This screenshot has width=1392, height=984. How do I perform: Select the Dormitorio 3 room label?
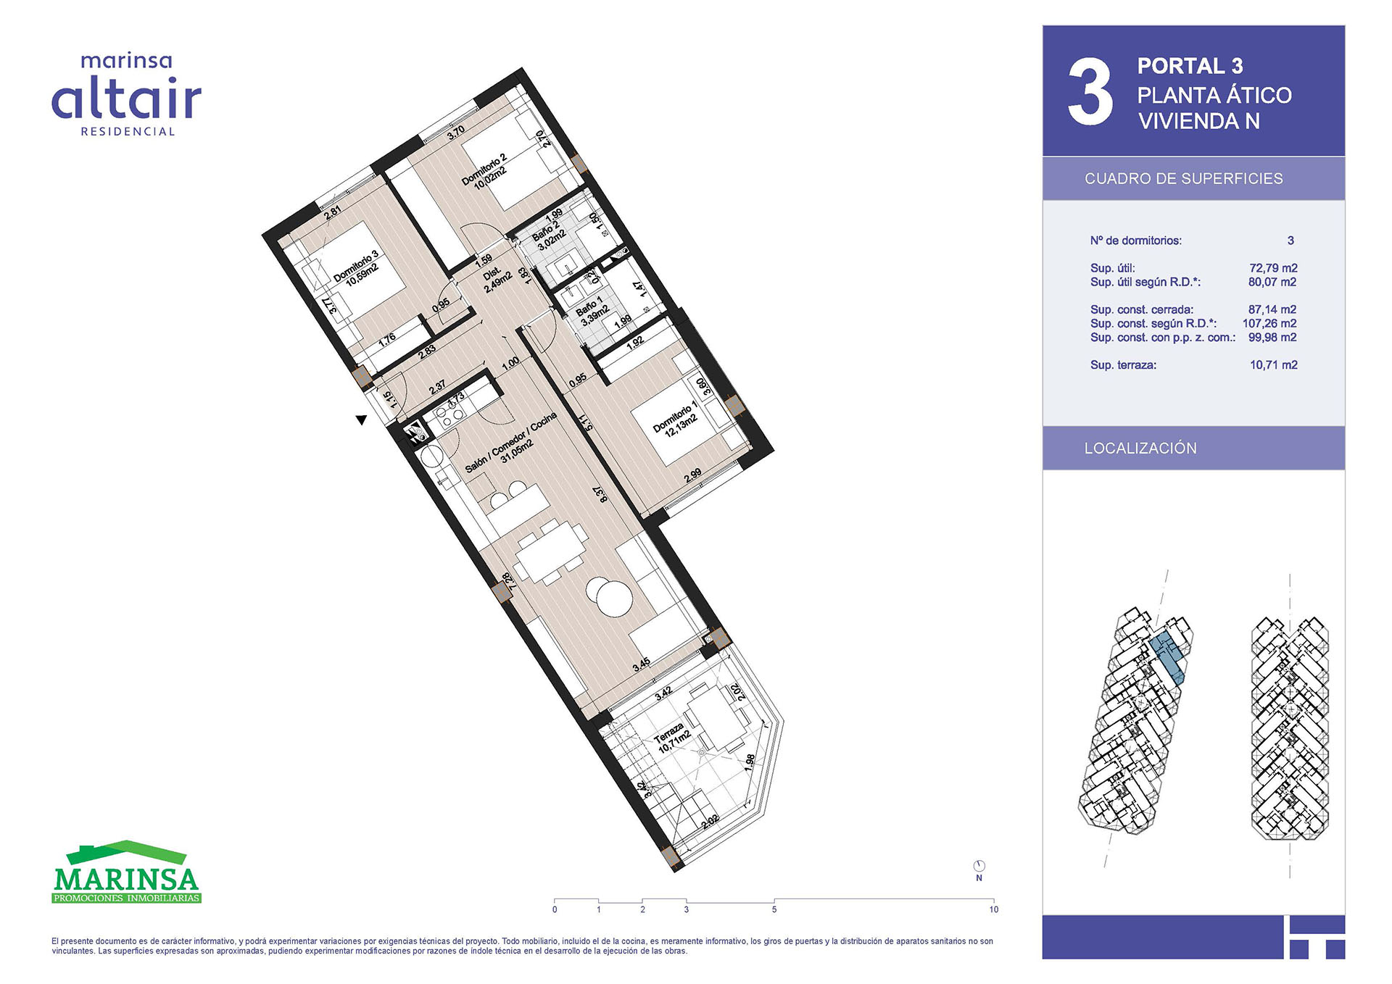tap(357, 269)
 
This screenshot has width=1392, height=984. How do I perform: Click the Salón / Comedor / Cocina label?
tap(512, 443)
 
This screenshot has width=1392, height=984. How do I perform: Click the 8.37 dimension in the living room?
tap(600, 495)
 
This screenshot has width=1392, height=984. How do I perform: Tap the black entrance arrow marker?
tap(361, 420)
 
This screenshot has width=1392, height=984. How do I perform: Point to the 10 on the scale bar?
tap(993, 909)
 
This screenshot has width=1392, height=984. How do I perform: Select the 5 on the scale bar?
tap(774, 909)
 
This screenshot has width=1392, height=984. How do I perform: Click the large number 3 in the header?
tap(1090, 92)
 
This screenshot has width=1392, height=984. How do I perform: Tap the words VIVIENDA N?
tap(1199, 121)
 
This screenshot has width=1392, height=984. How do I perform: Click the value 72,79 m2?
tap(1273, 268)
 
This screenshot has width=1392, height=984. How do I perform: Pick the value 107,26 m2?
tap(1269, 324)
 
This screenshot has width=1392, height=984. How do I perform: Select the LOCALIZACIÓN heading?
tap(1140, 448)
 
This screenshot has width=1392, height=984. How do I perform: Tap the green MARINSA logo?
tap(127, 872)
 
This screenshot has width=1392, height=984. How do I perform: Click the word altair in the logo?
tap(127, 99)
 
